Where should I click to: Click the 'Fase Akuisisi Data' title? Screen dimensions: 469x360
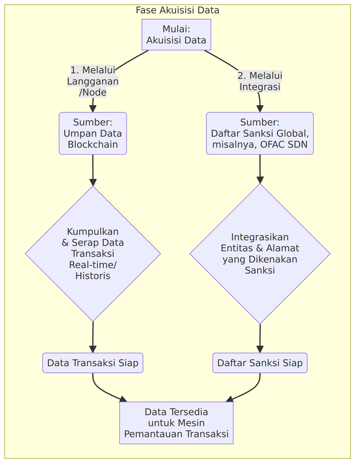pos(178,10)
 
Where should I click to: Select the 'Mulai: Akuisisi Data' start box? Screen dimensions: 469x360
pos(176,34)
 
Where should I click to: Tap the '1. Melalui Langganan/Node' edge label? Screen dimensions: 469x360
pos(93,81)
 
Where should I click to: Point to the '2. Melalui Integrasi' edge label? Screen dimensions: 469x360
pos(260,81)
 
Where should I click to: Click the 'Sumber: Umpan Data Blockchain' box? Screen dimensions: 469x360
pos(93,133)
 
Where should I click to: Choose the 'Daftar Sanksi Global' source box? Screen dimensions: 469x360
pos(259,133)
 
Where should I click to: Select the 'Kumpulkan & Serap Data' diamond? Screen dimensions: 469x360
pos(93,254)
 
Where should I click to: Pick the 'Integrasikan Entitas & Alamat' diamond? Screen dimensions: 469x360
pos(260,254)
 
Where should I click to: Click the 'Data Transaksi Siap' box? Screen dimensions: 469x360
pos(93,363)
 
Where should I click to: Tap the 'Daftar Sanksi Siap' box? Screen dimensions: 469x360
pos(260,363)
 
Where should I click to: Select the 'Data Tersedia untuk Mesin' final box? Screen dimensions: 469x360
pos(176,423)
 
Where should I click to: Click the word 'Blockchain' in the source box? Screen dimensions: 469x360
pos(93,145)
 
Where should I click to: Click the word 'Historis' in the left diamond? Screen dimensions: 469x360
pos(93,276)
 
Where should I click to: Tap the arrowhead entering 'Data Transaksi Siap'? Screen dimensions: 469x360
pos(92,349)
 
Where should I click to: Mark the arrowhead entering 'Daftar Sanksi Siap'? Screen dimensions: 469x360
pos(260,349)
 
